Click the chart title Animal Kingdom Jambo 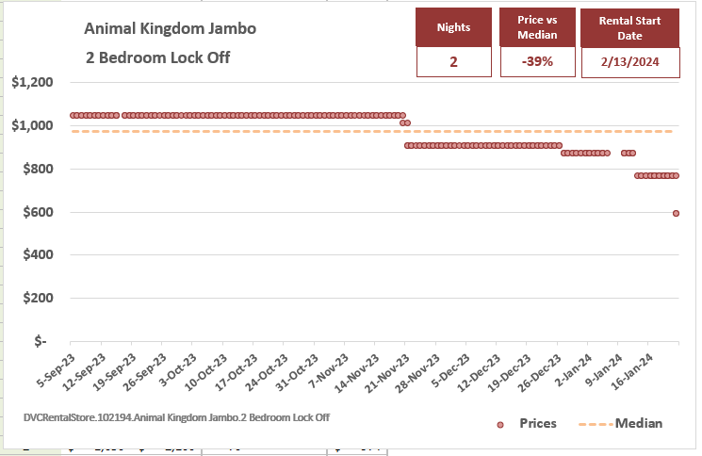(x=170, y=28)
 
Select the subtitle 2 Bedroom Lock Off (x=157, y=58)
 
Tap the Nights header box (x=453, y=27)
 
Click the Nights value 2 (x=453, y=62)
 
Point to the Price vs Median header (x=537, y=27)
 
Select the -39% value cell (x=537, y=62)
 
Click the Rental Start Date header (x=630, y=27)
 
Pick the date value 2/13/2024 (x=630, y=62)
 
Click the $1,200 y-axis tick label (x=32, y=83)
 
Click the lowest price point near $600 (x=677, y=213)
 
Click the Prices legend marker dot (x=501, y=425)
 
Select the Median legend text (x=638, y=424)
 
